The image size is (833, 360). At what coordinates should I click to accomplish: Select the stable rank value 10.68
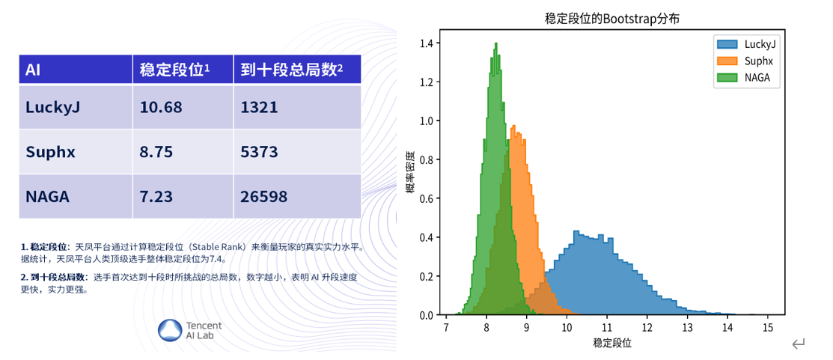(161, 107)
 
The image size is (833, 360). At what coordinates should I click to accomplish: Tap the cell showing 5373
(259, 153)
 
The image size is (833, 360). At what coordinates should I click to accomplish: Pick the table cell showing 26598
(263, 197)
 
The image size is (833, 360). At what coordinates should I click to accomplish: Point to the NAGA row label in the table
(47, 197)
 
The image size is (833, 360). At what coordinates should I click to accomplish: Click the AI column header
(32, 70)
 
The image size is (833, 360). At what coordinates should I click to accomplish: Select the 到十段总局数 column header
(290, 70)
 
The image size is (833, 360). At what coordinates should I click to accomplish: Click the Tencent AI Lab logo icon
(171, 330)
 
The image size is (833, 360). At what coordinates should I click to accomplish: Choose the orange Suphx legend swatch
(727, 61)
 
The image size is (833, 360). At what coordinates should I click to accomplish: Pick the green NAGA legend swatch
(727, 78)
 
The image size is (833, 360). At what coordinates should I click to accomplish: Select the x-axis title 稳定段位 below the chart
(612, 343)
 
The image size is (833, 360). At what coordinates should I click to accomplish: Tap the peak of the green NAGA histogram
(495, 43)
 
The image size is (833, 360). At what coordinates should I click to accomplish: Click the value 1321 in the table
(259, 107)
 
